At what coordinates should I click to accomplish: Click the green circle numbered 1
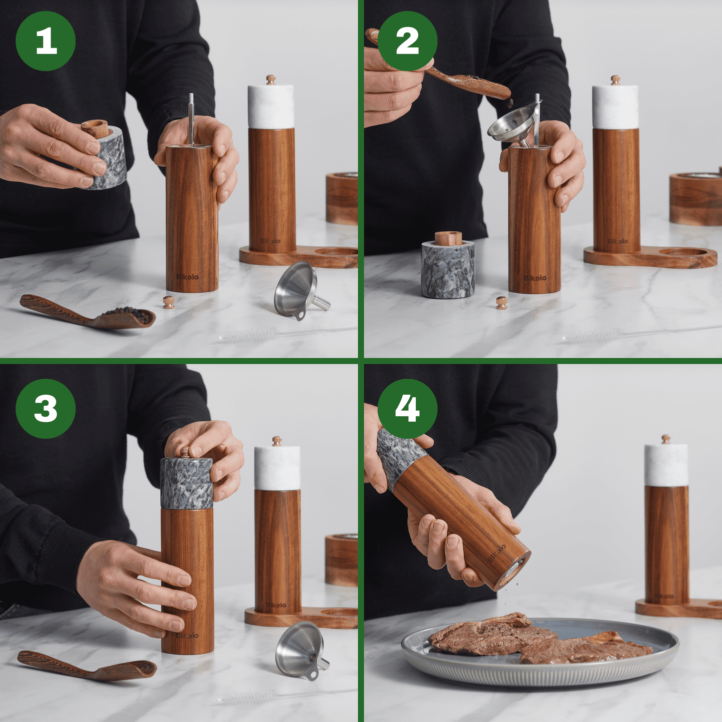[45, 41]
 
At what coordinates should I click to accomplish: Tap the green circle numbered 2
[407, 41]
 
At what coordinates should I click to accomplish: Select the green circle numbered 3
[45, 408]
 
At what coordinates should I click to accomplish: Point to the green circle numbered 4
[407, 408]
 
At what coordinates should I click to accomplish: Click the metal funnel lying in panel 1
[298, 290]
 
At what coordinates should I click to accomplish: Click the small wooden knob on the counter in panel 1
[169, 302]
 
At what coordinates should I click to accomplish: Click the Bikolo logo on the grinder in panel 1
[187, 277]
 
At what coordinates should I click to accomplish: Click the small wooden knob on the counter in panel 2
[502, 302]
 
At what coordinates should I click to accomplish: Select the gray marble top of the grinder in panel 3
[186, 483]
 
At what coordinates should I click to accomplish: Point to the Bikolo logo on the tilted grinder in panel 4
[497, 554]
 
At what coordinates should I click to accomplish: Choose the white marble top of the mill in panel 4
[666, 465]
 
